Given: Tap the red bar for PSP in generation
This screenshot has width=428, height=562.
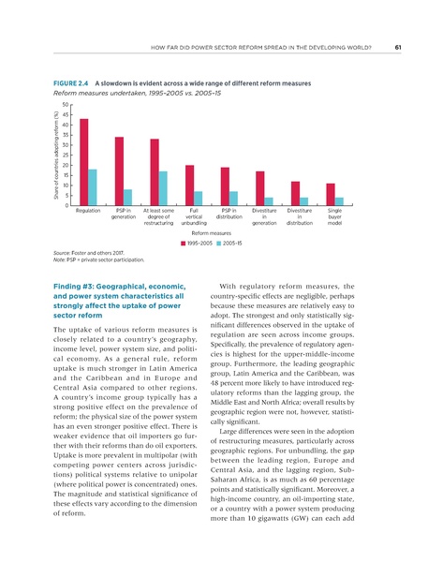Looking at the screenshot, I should point(119,171).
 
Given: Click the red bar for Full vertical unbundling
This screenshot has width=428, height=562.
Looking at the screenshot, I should point(190,185).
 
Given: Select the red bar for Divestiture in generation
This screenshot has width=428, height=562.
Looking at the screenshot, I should point(260,188).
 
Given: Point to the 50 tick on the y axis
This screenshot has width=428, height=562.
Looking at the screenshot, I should point(68,105).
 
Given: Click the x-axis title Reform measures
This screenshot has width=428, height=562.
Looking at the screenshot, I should point(214,232).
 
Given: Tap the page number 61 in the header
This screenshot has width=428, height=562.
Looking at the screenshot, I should point(398,48).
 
